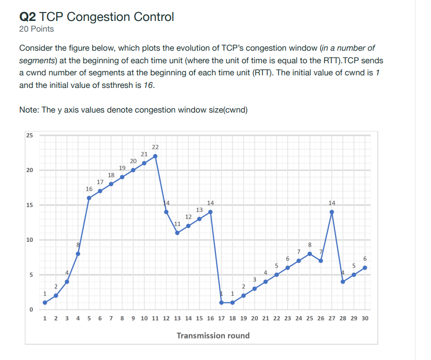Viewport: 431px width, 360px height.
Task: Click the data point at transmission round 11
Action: (x=155, y=156)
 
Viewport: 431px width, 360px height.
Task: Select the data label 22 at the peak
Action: (x=155, y=147)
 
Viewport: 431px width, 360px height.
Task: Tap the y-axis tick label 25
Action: (x=29, y=135)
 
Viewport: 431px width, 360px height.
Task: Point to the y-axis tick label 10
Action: (x=29, y=240)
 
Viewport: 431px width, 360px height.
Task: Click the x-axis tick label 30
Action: (x=364, y=319)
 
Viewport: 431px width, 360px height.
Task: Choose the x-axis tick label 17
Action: (x=221, y=319)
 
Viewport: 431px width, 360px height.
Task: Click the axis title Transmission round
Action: (x=213, y=335)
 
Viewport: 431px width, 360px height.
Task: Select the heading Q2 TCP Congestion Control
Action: (x=96, y=17)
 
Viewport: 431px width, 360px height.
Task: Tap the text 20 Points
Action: (x=36, y=29)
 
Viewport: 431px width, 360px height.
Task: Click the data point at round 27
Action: (x=332, y=212)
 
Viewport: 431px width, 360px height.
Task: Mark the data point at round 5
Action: (x=89, y=198)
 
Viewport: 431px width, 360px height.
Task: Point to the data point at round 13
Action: (x=177, y=233)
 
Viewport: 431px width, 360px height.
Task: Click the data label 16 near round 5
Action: (x=89, y=189)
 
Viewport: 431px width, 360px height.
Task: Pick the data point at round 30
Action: (x=365, y=267)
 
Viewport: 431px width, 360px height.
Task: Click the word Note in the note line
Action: (x=28, y=110)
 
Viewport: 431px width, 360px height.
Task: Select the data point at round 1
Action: (x=45, y=302)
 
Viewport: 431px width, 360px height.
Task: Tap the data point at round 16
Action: (x=210, y=212)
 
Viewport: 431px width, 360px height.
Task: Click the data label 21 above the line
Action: (x=144, y=153)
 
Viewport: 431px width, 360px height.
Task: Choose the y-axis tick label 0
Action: (x=29, y=310)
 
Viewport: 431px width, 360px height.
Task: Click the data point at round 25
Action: (x=310, y=253)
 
